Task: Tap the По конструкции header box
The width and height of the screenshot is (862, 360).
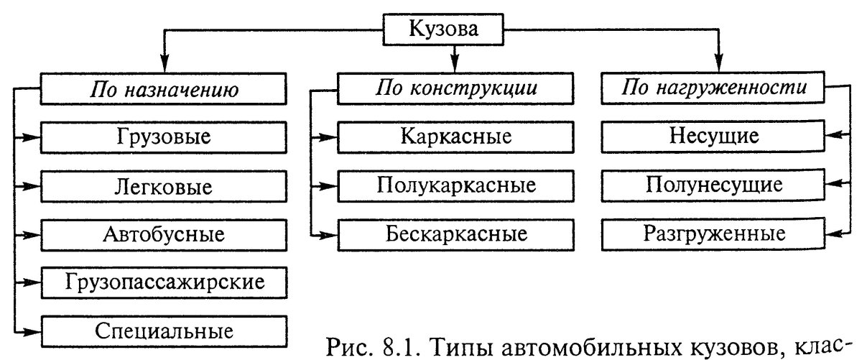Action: point(456,89)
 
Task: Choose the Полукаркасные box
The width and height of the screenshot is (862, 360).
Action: point(456,185)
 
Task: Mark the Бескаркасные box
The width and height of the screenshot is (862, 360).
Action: point(456,234)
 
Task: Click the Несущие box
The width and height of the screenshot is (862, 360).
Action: point(713,137)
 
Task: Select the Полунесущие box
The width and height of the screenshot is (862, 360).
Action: point(713,185)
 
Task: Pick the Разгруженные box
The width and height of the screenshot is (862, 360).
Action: point(713,234)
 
